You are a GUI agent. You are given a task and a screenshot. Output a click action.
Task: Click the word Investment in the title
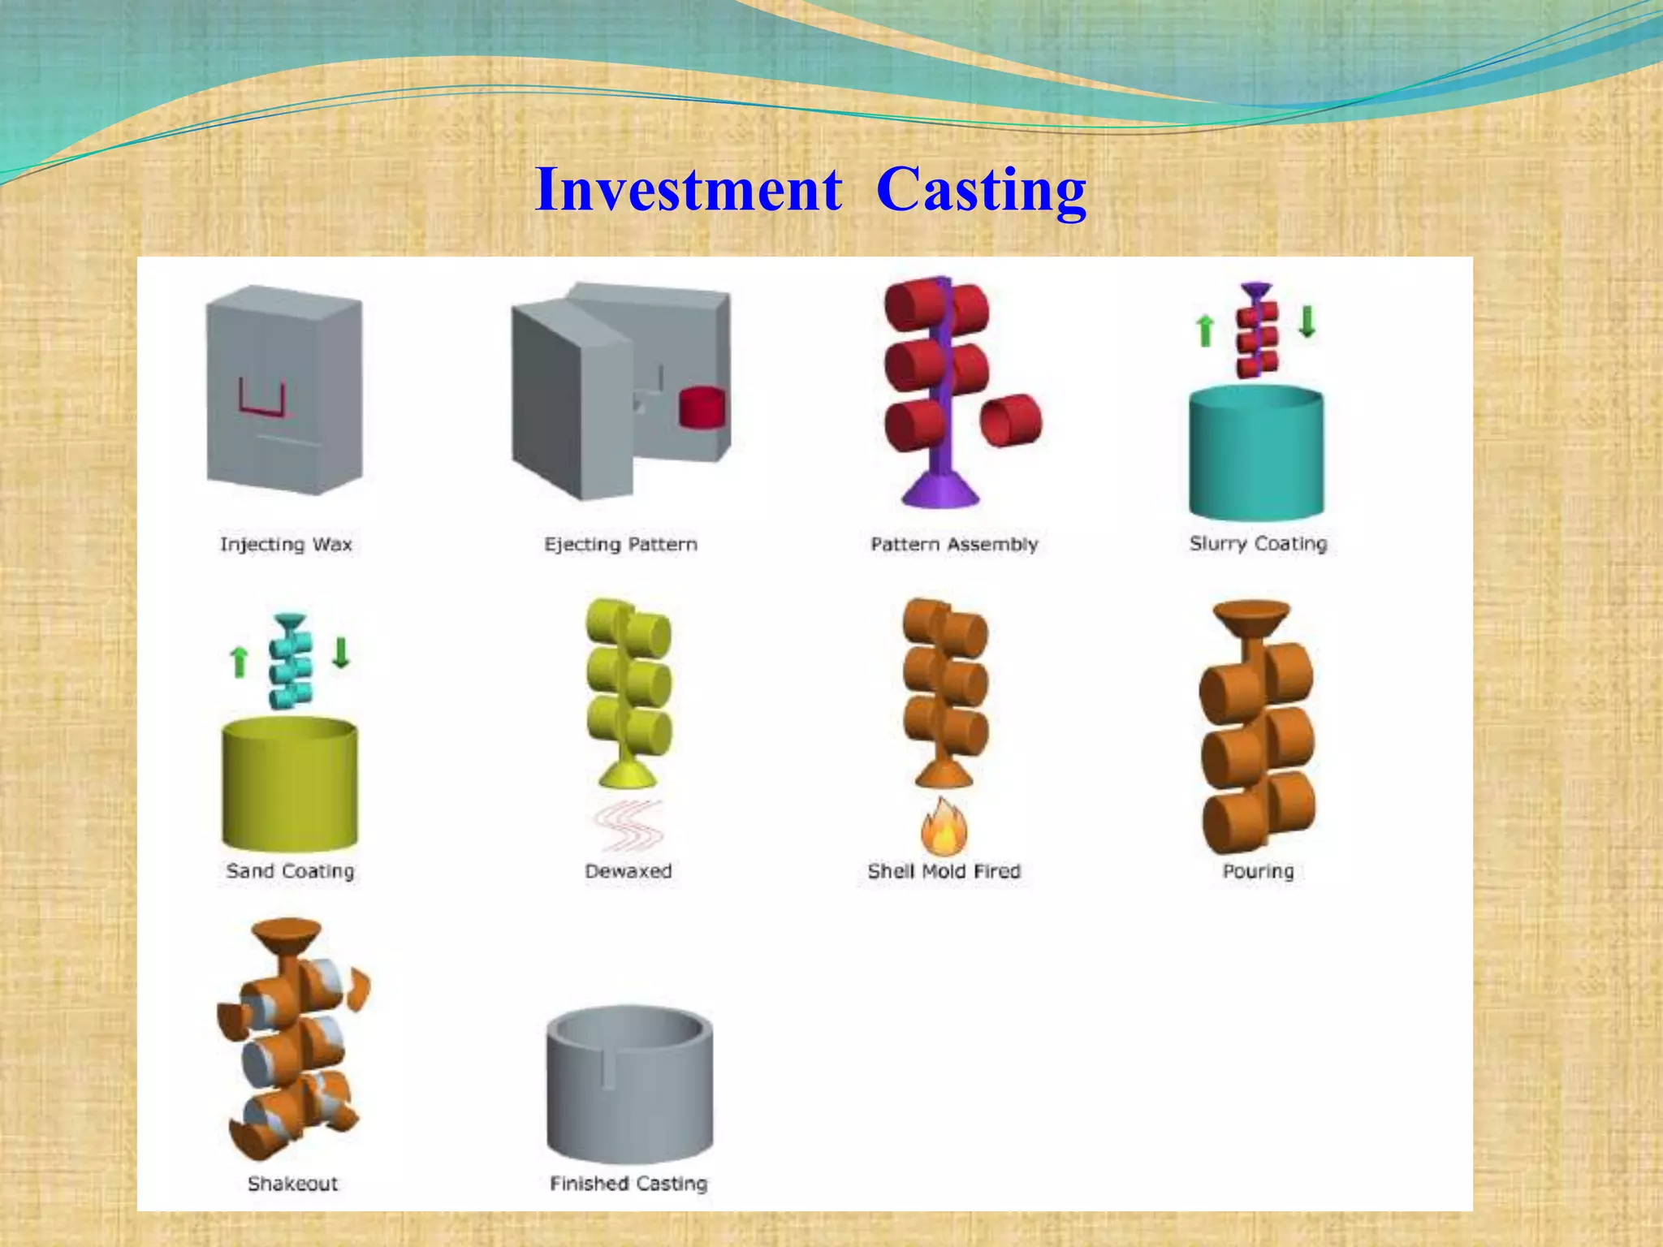[x=689, y=190]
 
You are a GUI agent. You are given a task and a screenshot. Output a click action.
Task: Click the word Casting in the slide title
[x=981, y=190]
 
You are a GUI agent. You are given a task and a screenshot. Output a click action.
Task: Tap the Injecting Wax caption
[x=286, y=544]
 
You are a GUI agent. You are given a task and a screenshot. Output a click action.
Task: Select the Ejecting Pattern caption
[x=620, y=544]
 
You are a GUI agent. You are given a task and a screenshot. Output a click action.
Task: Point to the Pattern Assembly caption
[x=954, y=544]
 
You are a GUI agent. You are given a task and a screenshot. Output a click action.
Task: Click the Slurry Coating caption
[x=1258, y=543]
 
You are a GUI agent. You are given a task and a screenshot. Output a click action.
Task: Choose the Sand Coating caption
[x=290, y=871]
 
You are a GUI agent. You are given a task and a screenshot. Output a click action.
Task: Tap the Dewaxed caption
[x=628, y=871]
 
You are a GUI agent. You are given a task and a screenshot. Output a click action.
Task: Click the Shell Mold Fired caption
[x=944, y=871]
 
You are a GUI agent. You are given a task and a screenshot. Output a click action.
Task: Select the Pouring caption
[x=1258, y=871]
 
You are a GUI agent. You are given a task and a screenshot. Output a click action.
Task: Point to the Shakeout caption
[x=292, y=1183]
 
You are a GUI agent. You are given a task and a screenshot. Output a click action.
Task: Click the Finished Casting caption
[x=628, y=1183]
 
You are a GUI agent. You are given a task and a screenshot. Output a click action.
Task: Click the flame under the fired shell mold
[x=944, y=828]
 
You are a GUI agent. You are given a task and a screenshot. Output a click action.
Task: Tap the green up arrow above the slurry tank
[x=1206, y=331]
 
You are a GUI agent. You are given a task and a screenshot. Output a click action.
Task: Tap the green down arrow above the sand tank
[x=341, y=652]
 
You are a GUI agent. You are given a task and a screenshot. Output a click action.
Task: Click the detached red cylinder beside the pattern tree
[x=1011, y=421]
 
